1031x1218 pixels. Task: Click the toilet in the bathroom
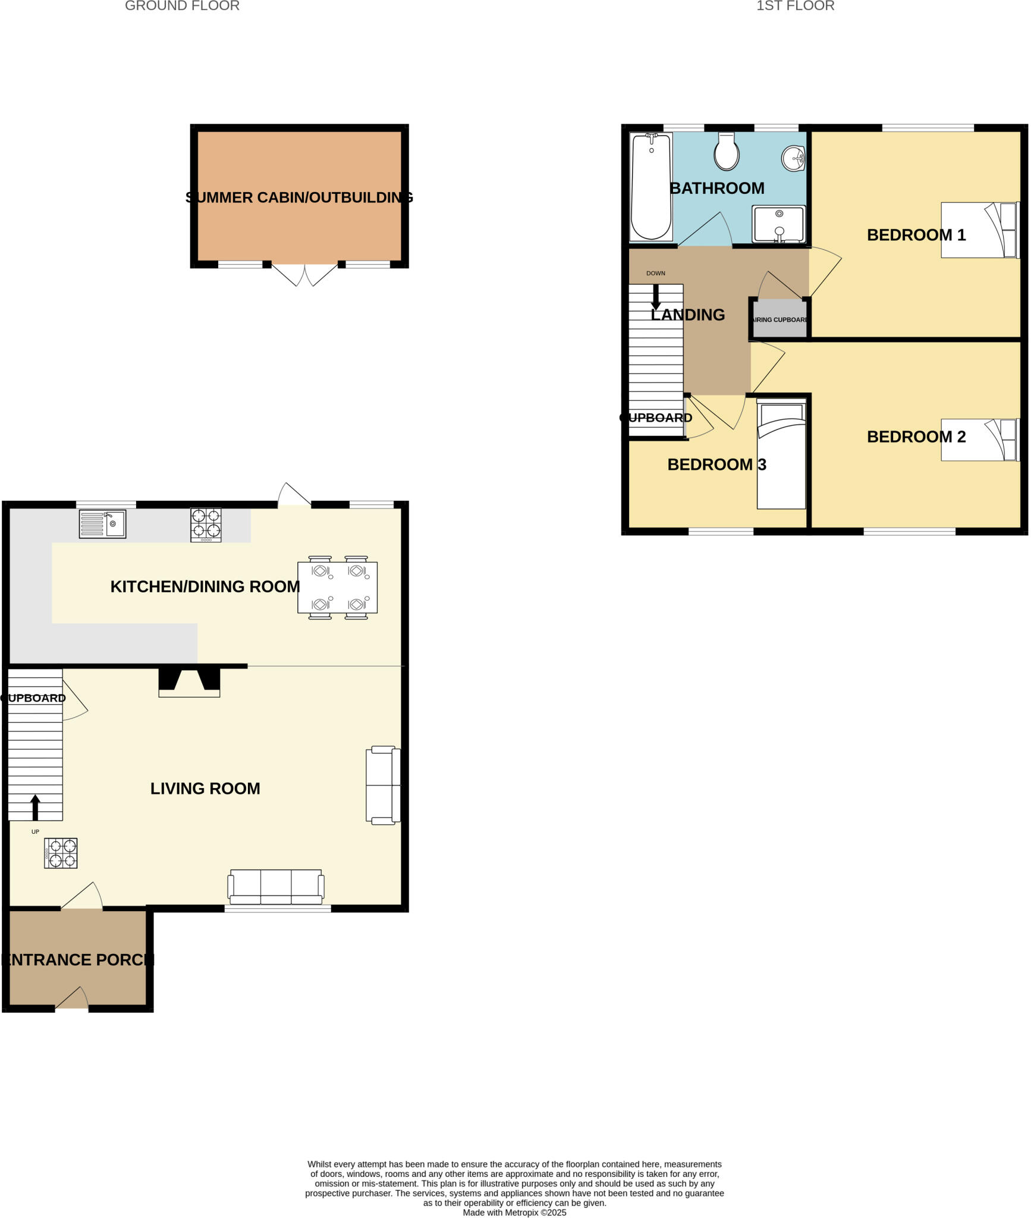pyautogui.click(x=727, y=152)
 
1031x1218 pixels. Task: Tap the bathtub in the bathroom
pyautogui.click(x=651, y=187)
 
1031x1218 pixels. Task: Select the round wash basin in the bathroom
pyautogui.click(x=793, y=158)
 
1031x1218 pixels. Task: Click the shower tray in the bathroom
pyautogui.click(x=778, y=224)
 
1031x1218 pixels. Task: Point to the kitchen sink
pyautogui.click(x=102, y=524)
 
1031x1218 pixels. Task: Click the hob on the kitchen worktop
pyautogui.click(x=206, y=524)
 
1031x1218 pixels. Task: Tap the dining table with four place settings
pyautogui.click(x=337, y=587)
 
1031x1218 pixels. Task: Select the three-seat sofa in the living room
pyautogui.click(x=276, y=886)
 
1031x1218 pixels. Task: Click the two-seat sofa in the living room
pyautogui.click(x=383, y=785)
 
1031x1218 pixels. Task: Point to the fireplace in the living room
pyautogui.click(x=189, y=682)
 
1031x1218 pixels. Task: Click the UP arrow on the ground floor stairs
pyautogui.click(x=35, y=807)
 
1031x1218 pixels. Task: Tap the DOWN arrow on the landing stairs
pyautogui.click(x=656, y=296)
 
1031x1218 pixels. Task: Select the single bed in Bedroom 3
pyautogui.click(x=781, y=456)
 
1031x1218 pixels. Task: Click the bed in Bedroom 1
pyautogui.click(x=979, y=230)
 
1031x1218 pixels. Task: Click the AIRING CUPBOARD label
pyautogui.click(x=780, y=320)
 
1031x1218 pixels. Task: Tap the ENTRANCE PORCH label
pyautogui.click(x=78, y=960)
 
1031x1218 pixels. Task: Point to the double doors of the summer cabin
pyautogui.click(x=304, y=274)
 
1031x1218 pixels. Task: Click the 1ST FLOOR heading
pyautogui.click(x=795, y=6)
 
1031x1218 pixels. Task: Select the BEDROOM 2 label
pyautogui.click(x=916, y=437)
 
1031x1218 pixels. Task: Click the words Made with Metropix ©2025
pyautogui.click(x=514, y=1213)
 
